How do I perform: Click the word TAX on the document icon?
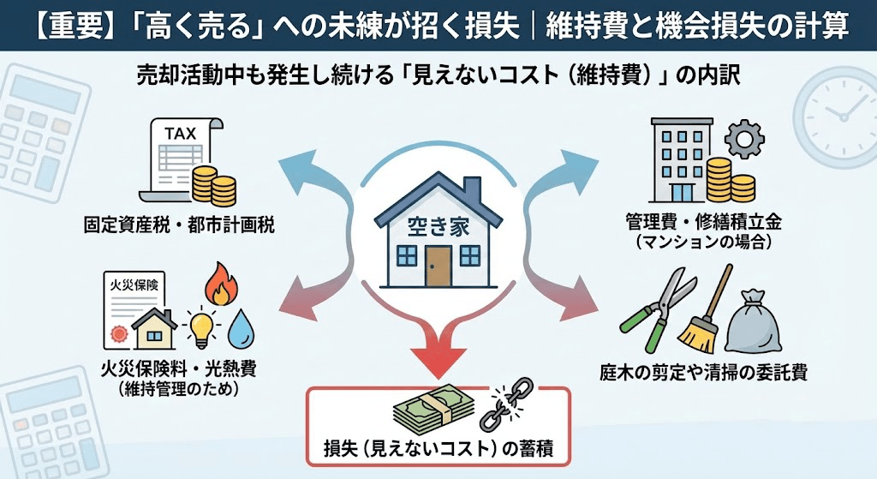point(180,135)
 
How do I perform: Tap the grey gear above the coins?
point(742,138)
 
